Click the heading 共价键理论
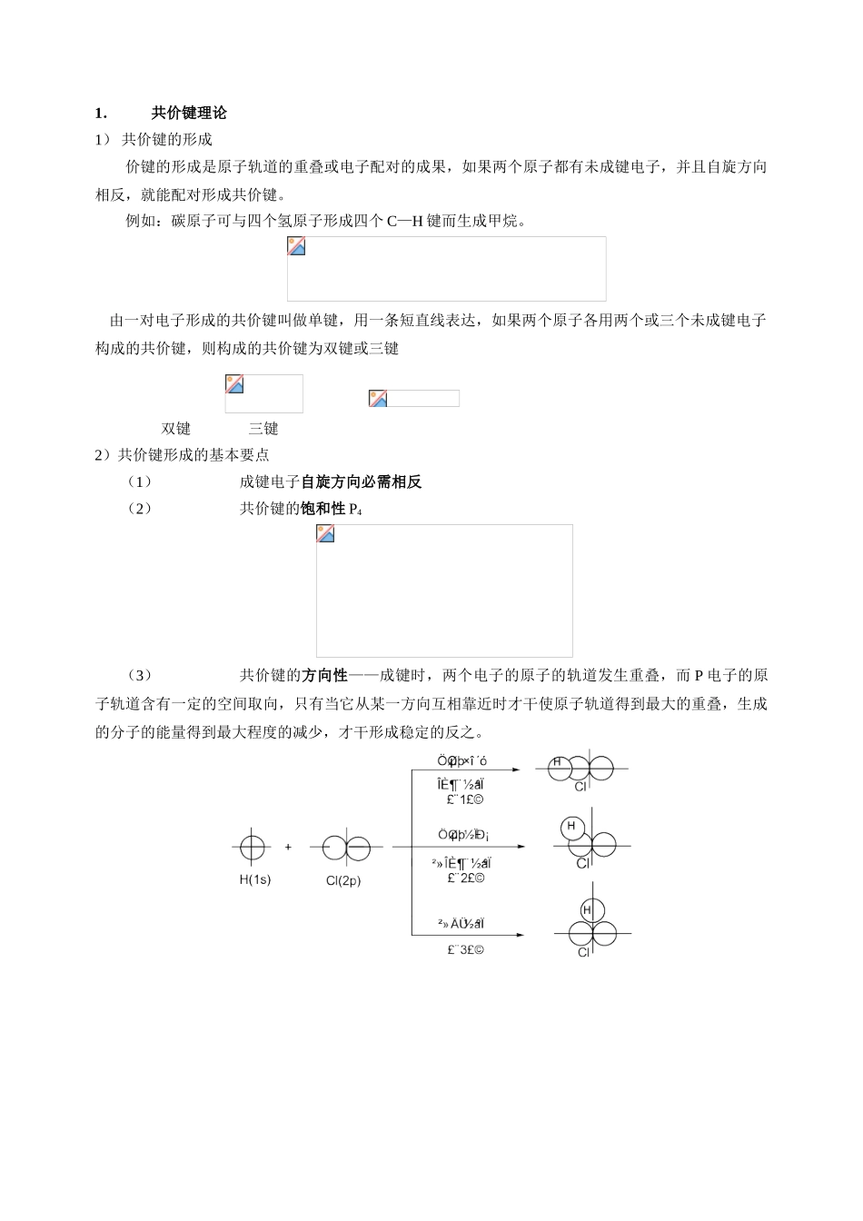pyautogui.click(x=189, y=113)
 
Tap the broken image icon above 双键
pyautogui.click(x=234, y=383)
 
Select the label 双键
pyautogui.click(x=176, y=429)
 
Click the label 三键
pyautogui.click(x=263, y=429)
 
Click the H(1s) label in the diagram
pyautogui.click(x=254, y=879)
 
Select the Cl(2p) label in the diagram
pyautogui.click(x=343, y=880)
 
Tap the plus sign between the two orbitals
pyautogui.click(x=288, y=847)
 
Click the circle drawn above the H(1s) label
pyautogui.click(x=253, y=848)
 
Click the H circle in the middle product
pyautogui.click(x=571, y=827)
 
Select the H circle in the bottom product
pyautogui.click(x=587, y=910)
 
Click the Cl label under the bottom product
pyautogui.click(x=583, y=952)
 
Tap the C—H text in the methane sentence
pyautogui.click(x=405, y=221)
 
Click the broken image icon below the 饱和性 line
pyautogui.click(x=325, y=534)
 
